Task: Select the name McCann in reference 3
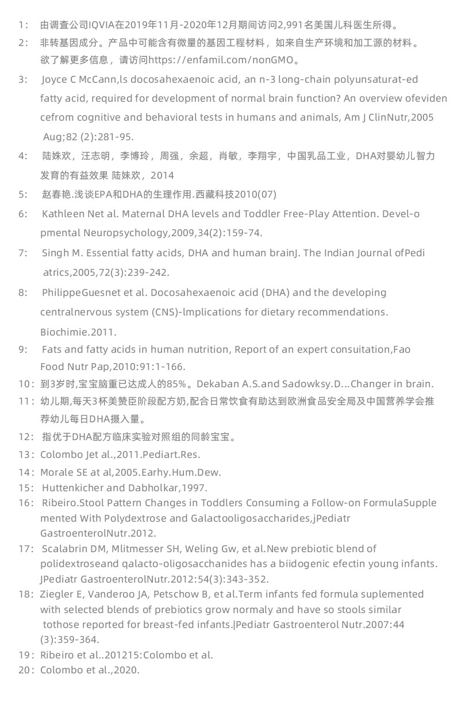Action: tap(89, 79)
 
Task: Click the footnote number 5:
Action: tap(23, 194)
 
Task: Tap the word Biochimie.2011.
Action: tap(78, 331)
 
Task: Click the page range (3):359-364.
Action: tap(70, 639)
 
